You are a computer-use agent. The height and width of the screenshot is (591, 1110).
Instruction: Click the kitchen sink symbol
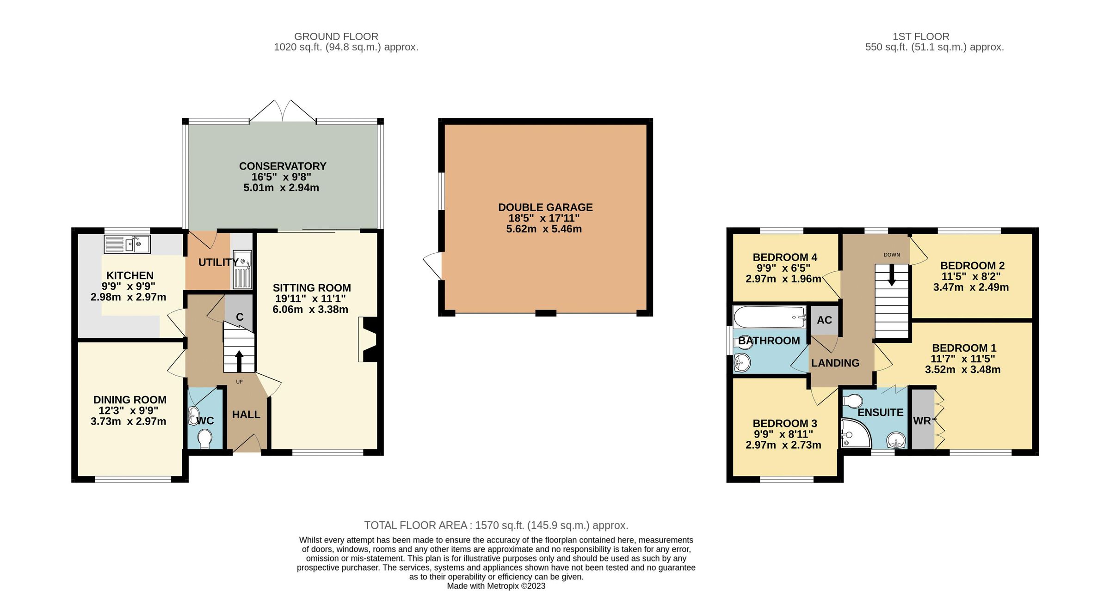[x=127, y=244]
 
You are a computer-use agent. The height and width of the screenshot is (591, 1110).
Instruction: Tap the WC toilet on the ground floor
[x=204, y=439]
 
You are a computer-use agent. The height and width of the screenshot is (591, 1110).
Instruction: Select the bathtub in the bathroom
[x=769, y=317]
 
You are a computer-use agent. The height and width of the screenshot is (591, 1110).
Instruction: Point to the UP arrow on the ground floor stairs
[x=239, y=361]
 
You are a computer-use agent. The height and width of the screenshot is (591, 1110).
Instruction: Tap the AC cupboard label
[x=824, y=320]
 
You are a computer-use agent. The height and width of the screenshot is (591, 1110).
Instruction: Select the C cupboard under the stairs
[x=240, y=317]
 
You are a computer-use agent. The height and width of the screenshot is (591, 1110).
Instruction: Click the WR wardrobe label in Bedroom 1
[x=922, y=420]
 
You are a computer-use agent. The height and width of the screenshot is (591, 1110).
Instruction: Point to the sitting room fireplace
[x=369, y=339]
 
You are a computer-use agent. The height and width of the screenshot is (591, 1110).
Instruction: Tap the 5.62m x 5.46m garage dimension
[x=544, y=229]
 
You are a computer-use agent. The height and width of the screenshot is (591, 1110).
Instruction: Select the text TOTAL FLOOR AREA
[x=415, y=525]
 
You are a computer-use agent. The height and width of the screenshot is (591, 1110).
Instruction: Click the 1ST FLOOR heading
[x=920, y=37]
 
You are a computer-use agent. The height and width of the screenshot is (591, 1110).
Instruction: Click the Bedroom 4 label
[x=784, y=257]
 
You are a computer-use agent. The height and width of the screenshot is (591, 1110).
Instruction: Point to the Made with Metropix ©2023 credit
[x=496, y=586]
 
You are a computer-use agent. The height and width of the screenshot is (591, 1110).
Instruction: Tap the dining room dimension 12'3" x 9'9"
[x=128, y=410]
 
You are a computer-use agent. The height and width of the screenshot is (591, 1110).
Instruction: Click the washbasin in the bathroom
[x=741, y=362]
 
